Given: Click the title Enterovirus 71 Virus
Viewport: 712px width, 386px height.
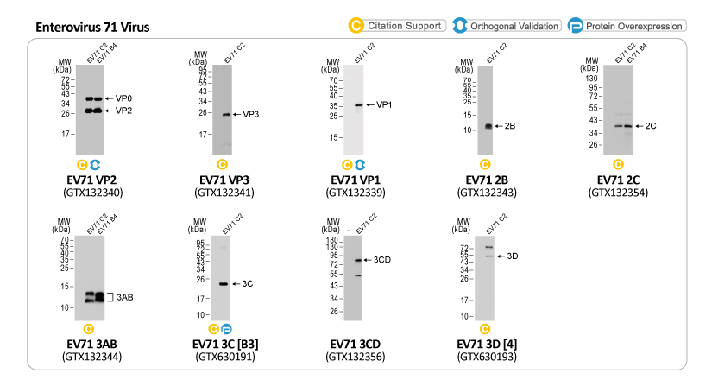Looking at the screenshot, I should point(92,28).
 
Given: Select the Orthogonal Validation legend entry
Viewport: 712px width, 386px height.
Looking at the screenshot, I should point(506,26).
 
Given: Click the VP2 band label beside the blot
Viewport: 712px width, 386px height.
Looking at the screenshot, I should point(123,111).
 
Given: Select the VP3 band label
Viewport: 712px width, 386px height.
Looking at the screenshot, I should point(250,114).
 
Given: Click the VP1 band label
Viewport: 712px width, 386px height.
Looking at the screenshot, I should point(385,105).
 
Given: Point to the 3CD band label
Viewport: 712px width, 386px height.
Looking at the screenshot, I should point(382,260).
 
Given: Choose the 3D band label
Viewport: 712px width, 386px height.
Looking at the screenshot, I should point(512,256).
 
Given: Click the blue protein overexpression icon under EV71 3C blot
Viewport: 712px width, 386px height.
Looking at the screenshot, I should point(228,328).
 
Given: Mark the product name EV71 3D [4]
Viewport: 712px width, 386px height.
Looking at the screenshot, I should point(489,343).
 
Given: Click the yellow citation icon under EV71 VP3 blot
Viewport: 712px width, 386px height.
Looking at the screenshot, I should point(222,164).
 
